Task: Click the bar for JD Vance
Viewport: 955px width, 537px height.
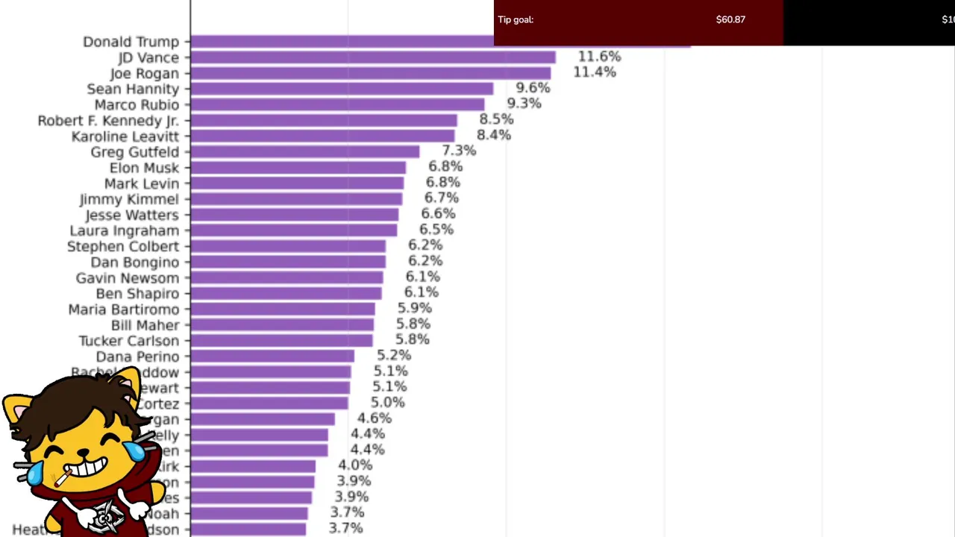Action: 373,57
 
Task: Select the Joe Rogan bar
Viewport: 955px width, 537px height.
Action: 371,73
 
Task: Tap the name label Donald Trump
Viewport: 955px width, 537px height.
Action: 131,42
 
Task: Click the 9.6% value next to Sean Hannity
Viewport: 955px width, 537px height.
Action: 533,88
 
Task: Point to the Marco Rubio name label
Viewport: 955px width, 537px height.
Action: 137,104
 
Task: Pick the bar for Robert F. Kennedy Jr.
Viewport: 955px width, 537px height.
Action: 324,120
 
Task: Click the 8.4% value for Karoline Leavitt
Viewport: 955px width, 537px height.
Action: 494,135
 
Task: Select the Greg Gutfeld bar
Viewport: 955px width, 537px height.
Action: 305,151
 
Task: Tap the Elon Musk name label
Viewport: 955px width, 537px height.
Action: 144,168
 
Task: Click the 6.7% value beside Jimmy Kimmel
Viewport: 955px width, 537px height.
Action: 442,198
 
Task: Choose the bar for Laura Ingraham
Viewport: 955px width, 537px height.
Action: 294,230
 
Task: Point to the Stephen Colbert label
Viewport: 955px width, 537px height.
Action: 123,246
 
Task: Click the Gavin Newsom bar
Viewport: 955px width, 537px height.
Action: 287,277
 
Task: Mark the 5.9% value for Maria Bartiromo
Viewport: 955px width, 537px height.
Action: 415,308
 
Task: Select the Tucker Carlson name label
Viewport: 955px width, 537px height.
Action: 129,341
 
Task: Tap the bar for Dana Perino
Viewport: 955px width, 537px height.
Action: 272,357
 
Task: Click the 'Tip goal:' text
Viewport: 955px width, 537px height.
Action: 516,20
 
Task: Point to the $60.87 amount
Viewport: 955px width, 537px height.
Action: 730,20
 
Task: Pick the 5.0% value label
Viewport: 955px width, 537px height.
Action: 388,403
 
